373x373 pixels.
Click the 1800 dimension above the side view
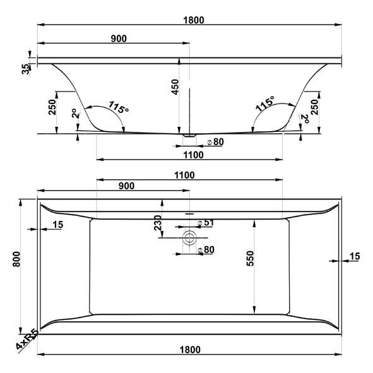(x=194, y=20)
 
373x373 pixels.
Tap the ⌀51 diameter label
(x=207, y=223)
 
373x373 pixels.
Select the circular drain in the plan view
(x=189, y=237)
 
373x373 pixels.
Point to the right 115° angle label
(x=264, y=105)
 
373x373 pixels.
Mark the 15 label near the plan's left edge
(x=58, y=224)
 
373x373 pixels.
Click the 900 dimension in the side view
(x=119, y=38)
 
